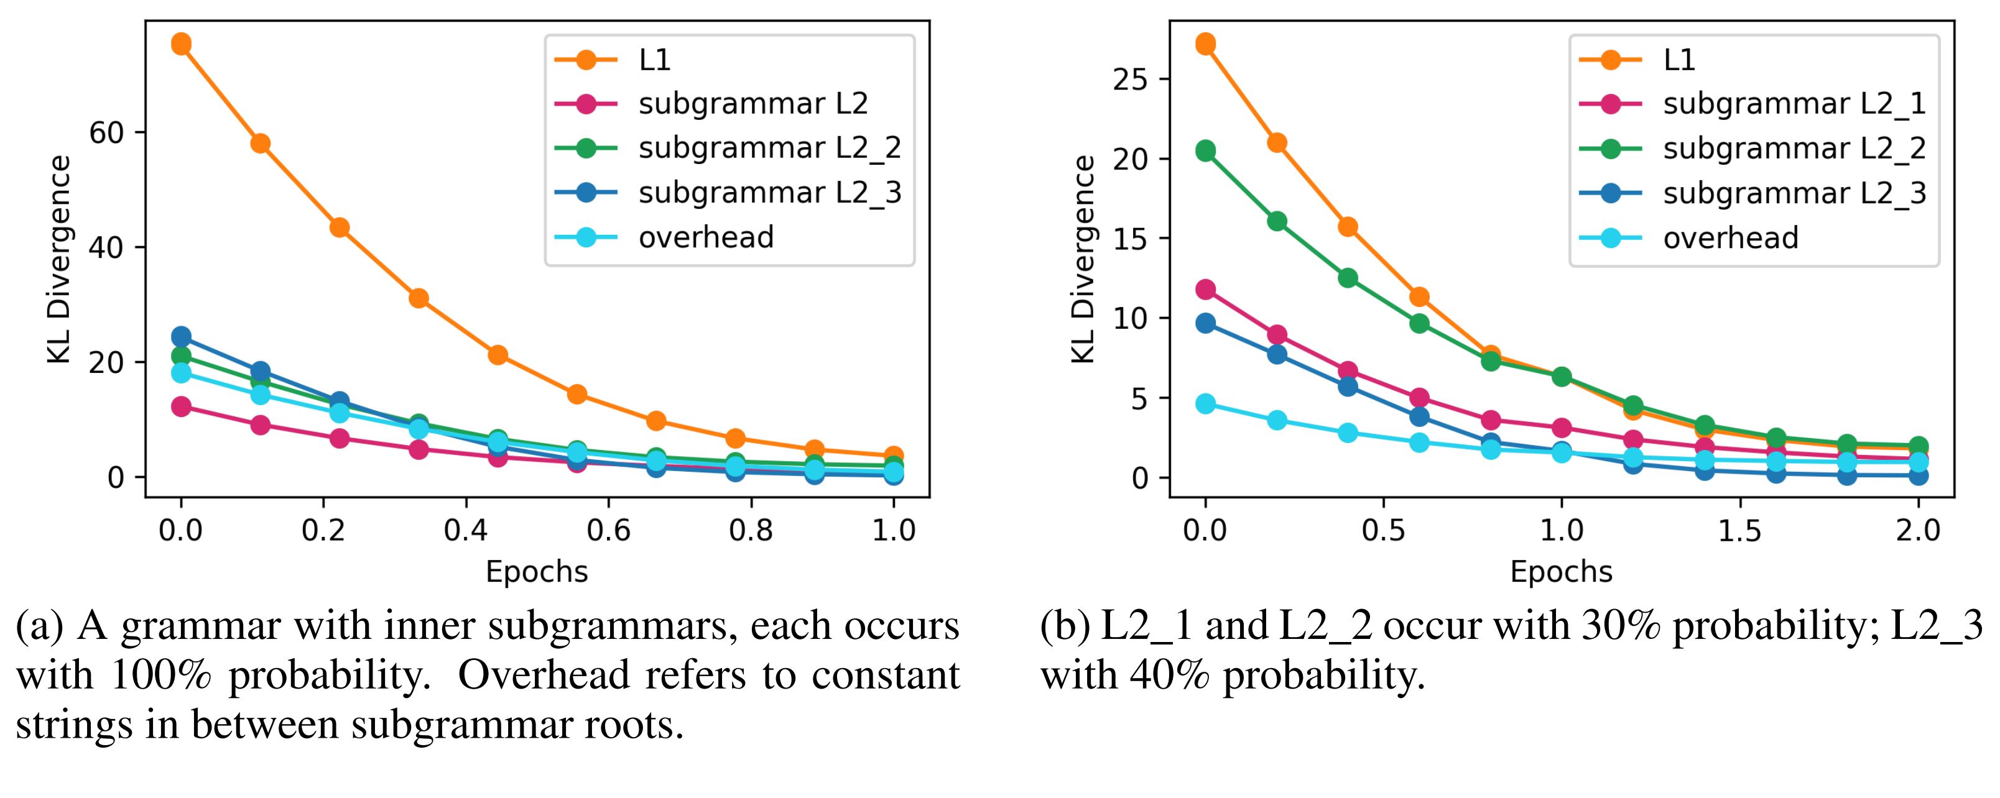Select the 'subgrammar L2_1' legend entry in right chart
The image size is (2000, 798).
pyautogui.click(x=1794, y=104)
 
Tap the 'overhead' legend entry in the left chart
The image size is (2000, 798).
pyautogui.click(x=706, y=237)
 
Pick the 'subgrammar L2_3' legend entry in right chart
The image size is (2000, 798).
pyautogui.click(x=1794, y=193)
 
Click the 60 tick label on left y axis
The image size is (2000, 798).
pyautogui.click(x=107, y=133)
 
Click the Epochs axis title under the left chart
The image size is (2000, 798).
pyautogui.click(x=537, y=572)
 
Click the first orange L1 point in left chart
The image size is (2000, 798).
pyautogui.click(x=182, y=44)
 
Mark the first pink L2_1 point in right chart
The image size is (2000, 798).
pyautogui.click(x=1206, y=290)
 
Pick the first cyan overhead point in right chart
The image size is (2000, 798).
pyautogui.click(x=1206, y=403)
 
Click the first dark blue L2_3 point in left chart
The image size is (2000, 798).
pyautogui.click(x=182, y=336)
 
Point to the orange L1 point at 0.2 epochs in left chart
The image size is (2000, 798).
pyautogui.click(x=340, y=227)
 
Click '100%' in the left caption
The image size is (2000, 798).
pyautogui.click(x=160, y=676)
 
